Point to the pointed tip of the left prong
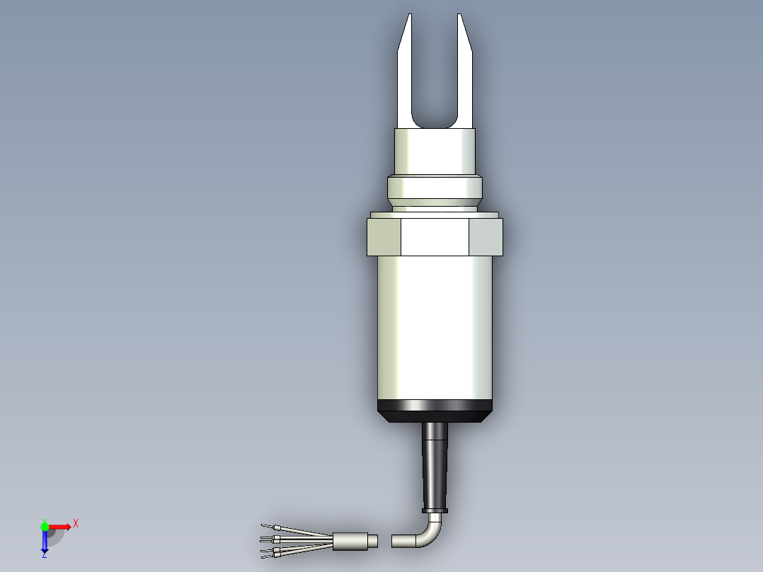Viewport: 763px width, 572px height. tap(409, 16)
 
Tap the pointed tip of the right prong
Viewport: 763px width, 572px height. tap(459, 16)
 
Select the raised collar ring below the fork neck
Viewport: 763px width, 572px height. tap(434, 188)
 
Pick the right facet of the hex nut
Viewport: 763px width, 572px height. tap(486, 236)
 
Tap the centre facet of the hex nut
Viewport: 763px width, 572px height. tap(435, 236)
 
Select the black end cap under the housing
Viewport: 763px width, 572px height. tap(435, 411)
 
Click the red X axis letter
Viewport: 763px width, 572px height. tap(75, 523)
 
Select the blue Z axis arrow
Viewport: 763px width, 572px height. tap(44, 544)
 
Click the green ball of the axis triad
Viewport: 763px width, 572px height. tap(45, 526)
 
